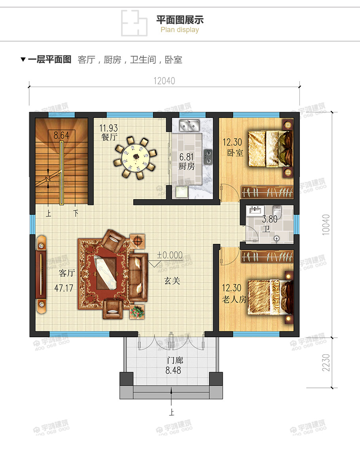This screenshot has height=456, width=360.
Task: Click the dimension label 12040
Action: click(x=164, y=81)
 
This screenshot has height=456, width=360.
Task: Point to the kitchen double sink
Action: click(x=189, y=126)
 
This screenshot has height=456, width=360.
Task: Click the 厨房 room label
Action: click(x=186, y=167)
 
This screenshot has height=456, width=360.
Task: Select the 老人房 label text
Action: click(x=234, y=300)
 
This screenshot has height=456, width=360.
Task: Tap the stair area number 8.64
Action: click(x=61, y=135)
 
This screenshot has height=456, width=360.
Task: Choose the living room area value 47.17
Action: click(x=64, y=288)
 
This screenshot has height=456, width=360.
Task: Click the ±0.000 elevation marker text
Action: click(x=170, y=255)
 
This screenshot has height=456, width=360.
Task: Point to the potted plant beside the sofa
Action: click(x=137, y=312)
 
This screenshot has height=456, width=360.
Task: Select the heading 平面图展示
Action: click(x=180, y=20)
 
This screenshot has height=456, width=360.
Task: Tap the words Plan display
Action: click(x=180, y=30)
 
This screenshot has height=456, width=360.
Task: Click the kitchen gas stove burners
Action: click(x=208, y=156)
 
